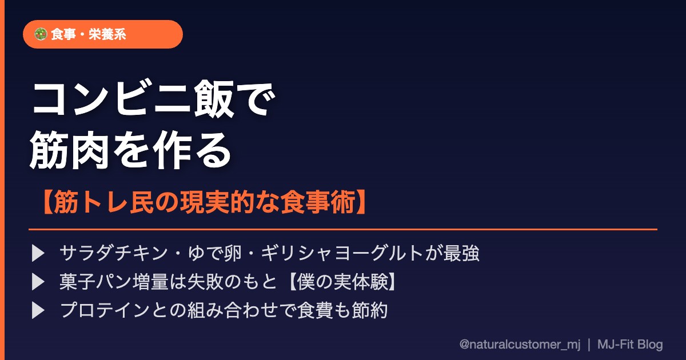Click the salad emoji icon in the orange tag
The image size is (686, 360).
pos(41,34)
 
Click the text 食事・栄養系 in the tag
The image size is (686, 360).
pos(89,34)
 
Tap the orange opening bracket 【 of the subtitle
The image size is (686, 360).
pos(47,202)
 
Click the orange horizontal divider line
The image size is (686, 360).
pos(343,229)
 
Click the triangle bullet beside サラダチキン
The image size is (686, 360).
pos(38,254)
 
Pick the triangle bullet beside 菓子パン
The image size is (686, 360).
pos(38,282)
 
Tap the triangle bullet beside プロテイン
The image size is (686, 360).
pos(38,310)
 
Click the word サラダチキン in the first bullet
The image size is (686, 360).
pos(114,253)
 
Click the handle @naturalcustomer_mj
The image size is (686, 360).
pos(520,345)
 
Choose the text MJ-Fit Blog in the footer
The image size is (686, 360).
pos(630,345)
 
